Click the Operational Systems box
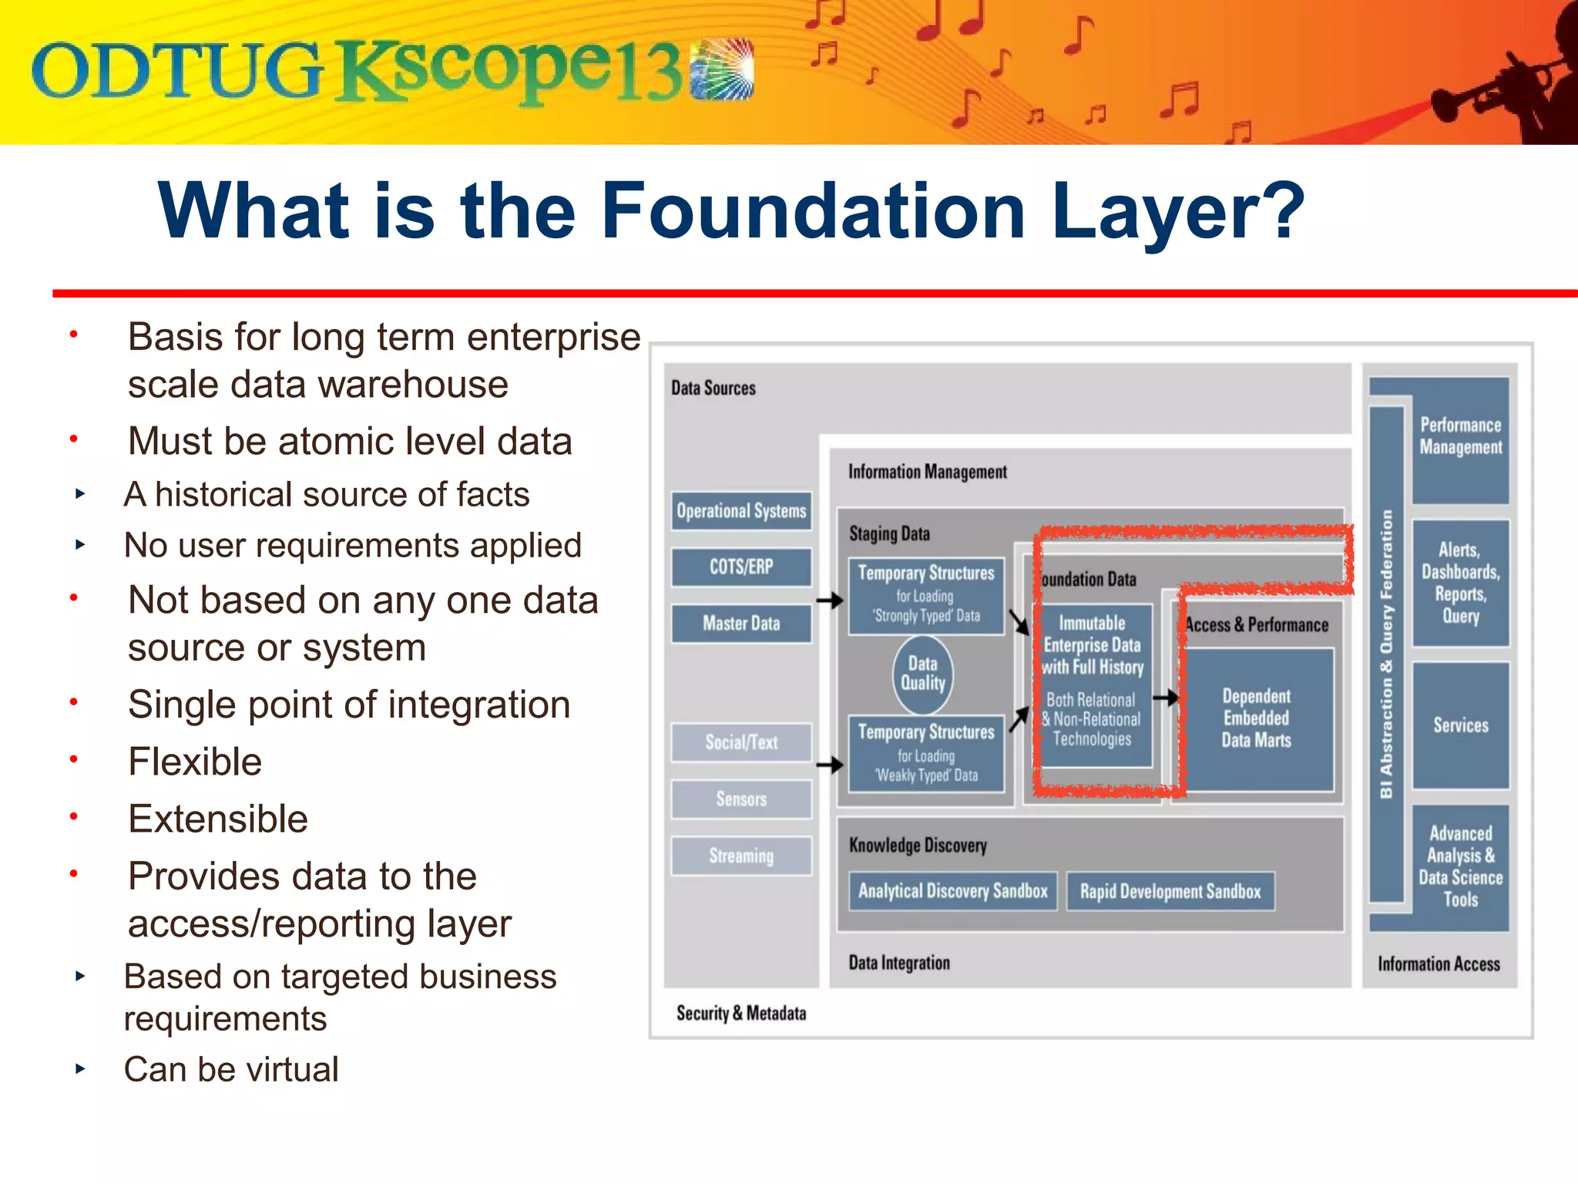(x=740, y=511)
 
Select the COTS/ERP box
(x=740, y=567)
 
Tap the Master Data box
(x=740, y=623)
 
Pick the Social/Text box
(x=740, y=742)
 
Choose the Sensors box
(x=740, y=799)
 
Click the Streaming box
(x=740, y=856)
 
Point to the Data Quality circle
(x=922, y=674)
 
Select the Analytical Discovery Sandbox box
(x=952, y=891)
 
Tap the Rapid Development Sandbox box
(x=1170, y=892)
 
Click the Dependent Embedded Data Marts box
(x=1256, y=718)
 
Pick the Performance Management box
(x=1460, y=437)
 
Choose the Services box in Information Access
(x=1460, y=725)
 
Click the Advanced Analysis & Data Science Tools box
(x=1460, y=866)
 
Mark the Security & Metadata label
(x=740, y=1013)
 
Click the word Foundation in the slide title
(x=813, y=210)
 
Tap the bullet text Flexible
(x=195, y=762)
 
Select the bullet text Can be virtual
(x=231, y=1069)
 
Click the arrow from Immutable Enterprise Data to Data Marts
(x=1166, y=698)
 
